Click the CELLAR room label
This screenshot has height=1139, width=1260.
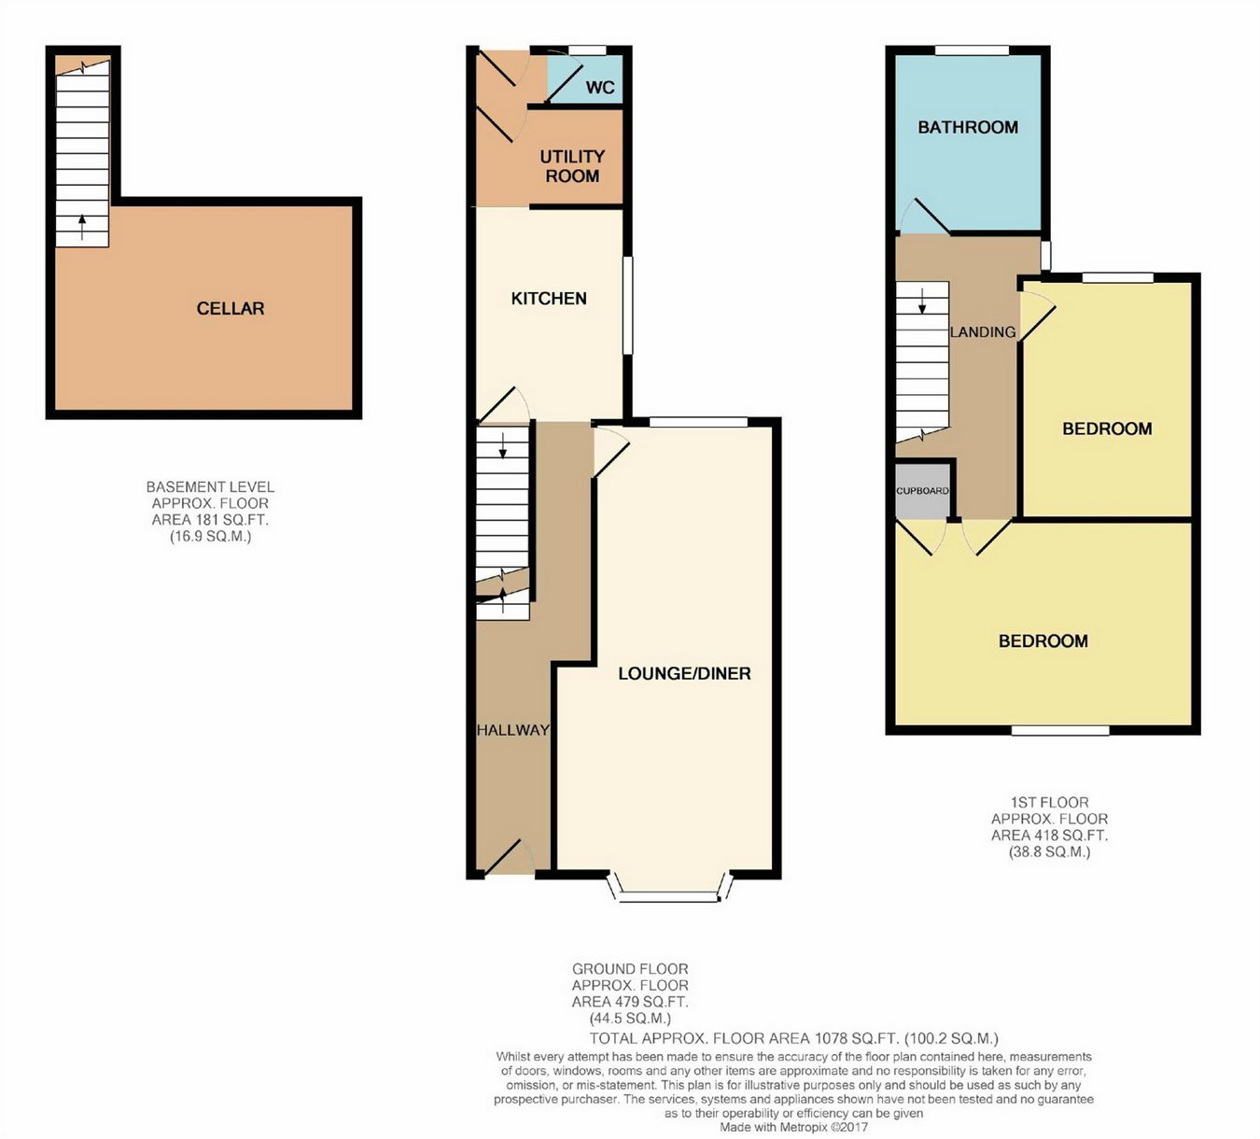(x=230, y=308)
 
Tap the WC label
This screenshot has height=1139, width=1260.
(x=600, y=88)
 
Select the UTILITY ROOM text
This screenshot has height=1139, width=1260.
(x=572, y=166)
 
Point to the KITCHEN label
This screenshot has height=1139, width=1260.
(x=549, y=298)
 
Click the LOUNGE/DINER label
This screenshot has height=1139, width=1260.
(x=684, y=673)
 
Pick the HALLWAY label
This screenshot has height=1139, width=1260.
(x=512, y=730)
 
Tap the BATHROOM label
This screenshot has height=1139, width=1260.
(x=968, y=127)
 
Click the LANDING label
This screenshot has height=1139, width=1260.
(x=983, y=331)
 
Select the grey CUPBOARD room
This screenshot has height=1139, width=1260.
(x=922, y=491)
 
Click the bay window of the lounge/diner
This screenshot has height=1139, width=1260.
(x=668, y=890)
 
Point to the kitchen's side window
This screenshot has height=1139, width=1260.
(x=627, y=305)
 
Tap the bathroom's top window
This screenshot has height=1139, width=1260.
(x=972, y=50)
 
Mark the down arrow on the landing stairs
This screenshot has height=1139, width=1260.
(x=922, y=301)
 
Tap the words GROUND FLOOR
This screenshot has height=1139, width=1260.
(x=630, y=969)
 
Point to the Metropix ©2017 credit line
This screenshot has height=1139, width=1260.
(x=794, y=1127)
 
